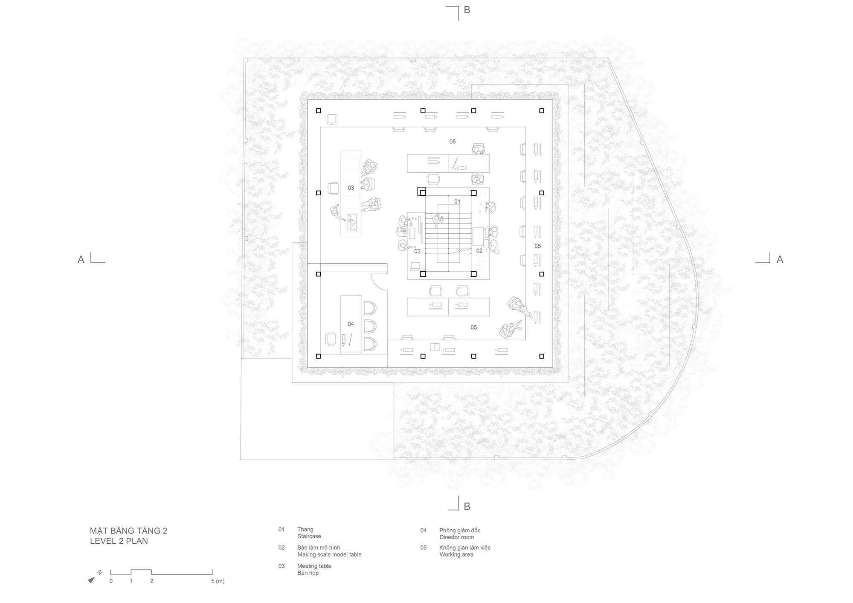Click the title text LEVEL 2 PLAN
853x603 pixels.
coord(119,541)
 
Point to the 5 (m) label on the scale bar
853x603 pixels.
coord(218,581)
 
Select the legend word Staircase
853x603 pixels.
coord(309,536)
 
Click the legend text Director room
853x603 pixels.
coord(457,537)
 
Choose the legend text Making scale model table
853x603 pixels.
coord(329,555)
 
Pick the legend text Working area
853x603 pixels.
coord(456,555)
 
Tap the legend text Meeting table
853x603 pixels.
coord(314,566)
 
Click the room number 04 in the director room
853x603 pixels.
coord(351,324)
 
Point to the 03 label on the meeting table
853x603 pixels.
coord(351,188)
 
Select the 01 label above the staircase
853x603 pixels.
coord(457,201)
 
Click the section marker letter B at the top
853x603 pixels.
coord(467,10)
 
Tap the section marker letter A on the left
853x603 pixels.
coord(81,259)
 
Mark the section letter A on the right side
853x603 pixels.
coord(780,259)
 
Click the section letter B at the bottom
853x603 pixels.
coord(467,506)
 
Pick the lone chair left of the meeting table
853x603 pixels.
coord(334,188)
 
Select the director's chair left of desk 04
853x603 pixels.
coord(331,339)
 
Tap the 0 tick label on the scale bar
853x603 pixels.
coord(111,581)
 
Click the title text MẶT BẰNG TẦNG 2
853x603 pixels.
coord(128,531)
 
